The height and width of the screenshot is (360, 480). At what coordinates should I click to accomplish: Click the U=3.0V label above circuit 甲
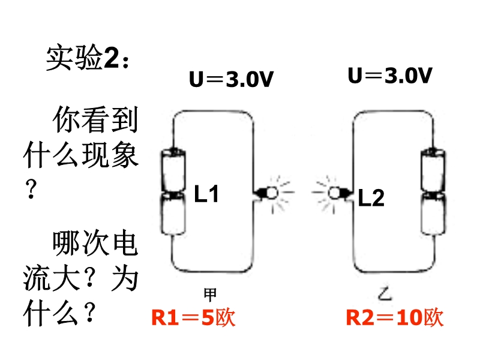click(231, 79)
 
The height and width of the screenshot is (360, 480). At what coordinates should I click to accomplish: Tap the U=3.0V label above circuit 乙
click(390, 76)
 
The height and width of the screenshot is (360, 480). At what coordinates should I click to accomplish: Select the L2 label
click(371, 197)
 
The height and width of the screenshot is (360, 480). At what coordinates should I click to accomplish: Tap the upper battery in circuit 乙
click(431, 171)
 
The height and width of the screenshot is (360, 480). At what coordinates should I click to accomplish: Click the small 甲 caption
click(210, 294)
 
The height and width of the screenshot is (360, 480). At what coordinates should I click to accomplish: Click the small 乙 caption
click(385, 293)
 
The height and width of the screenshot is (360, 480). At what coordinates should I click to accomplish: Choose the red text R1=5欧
click(193, 317)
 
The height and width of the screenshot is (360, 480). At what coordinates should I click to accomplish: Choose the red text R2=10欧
click(394, 317)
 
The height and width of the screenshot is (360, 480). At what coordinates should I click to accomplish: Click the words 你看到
click(96, 121)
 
